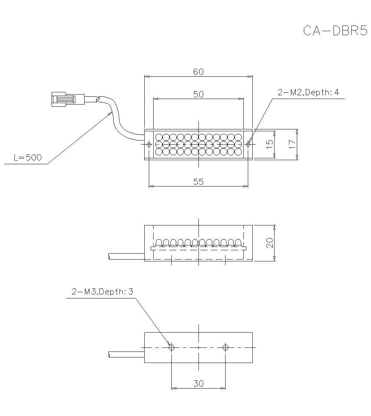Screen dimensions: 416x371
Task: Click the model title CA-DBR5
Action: pos(335,31)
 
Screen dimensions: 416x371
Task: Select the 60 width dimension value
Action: pos(198,72)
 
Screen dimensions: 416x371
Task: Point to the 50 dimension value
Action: pos(198,94)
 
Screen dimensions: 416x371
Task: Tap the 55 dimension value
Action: pos(198,181)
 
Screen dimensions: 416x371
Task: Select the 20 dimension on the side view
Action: pos(270,243)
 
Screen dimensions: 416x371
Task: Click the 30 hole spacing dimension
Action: pos(198,384)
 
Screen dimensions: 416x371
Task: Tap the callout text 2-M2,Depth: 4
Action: pos(308,93)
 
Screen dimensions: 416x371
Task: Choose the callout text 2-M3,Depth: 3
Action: pos(102,292)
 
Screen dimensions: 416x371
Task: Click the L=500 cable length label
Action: pos(28,158)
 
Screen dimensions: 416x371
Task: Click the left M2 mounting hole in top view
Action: pos(149,144)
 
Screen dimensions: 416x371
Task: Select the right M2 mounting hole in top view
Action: pos(248,144)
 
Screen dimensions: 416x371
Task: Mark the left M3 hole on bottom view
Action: pos(171,347)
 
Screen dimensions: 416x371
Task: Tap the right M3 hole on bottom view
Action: pos(226,347)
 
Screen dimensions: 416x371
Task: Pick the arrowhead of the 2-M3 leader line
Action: pos(169,343)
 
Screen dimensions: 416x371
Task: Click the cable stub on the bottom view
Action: pos(126,354)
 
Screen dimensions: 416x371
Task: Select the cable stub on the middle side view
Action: pos(126,256)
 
